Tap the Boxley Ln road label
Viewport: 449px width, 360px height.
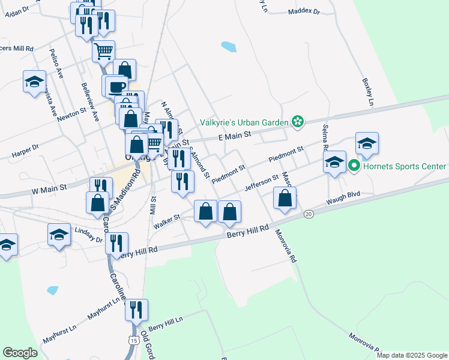click(368, 91)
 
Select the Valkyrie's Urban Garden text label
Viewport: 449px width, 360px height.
click(244, 122)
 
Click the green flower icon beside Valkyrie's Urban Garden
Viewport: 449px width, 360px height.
click(297, 122)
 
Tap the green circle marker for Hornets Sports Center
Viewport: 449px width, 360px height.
click(354, 166)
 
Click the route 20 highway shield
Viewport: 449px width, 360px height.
click(309, 214)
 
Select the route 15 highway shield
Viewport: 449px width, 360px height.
click(132, 340)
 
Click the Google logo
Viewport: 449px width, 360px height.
click(20, 353)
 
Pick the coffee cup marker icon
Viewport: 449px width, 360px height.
click(116, 86)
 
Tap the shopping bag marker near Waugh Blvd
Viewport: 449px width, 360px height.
click(285, 198)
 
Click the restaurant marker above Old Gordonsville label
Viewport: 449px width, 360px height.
click(137, 310)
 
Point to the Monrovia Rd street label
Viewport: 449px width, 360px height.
click(286, 246)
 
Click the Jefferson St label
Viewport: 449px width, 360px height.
click(262, 183)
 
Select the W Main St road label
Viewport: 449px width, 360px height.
click(50, 188)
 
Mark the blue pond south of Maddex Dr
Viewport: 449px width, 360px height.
click(229, 46)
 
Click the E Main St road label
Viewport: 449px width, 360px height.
click(234, 137)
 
